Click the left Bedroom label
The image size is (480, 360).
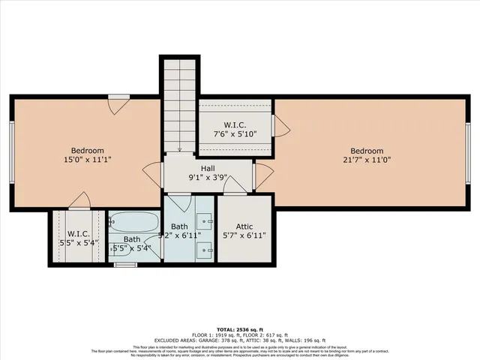[87, 150]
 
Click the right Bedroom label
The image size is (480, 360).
[367, 150]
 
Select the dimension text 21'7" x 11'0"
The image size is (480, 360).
[367, 160]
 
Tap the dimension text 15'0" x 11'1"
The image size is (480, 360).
[87, 160]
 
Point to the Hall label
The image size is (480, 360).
[208, 169]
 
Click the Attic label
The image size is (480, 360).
[245, 225]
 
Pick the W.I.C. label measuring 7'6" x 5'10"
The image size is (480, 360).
[235, 124]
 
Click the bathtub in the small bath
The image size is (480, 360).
[134, 222]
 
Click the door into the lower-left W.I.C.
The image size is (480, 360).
[79, 201]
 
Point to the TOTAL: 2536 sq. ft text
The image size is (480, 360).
[240, 329]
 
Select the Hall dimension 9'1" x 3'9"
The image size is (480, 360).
[208, 178]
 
